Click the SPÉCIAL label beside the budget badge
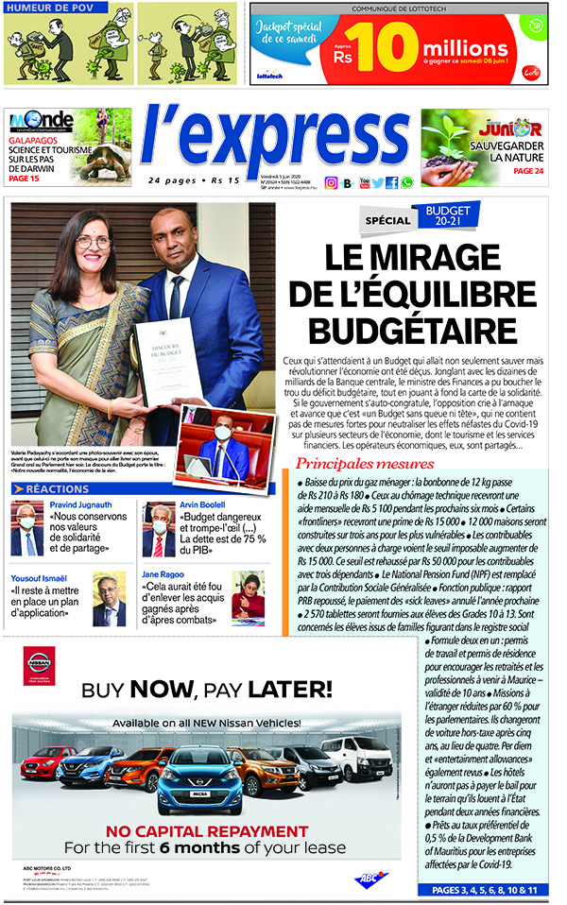pos(388,220)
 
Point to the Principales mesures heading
pos(365,464)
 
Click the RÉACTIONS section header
pos(58,489)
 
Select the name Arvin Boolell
pos(201,506)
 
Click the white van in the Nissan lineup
pos(355,757)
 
